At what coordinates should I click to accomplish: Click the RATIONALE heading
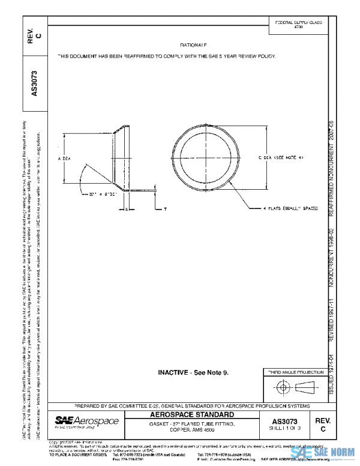[193, 45]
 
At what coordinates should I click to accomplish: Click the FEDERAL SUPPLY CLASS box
[298, 25]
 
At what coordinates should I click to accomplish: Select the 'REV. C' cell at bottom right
[323, 425]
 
